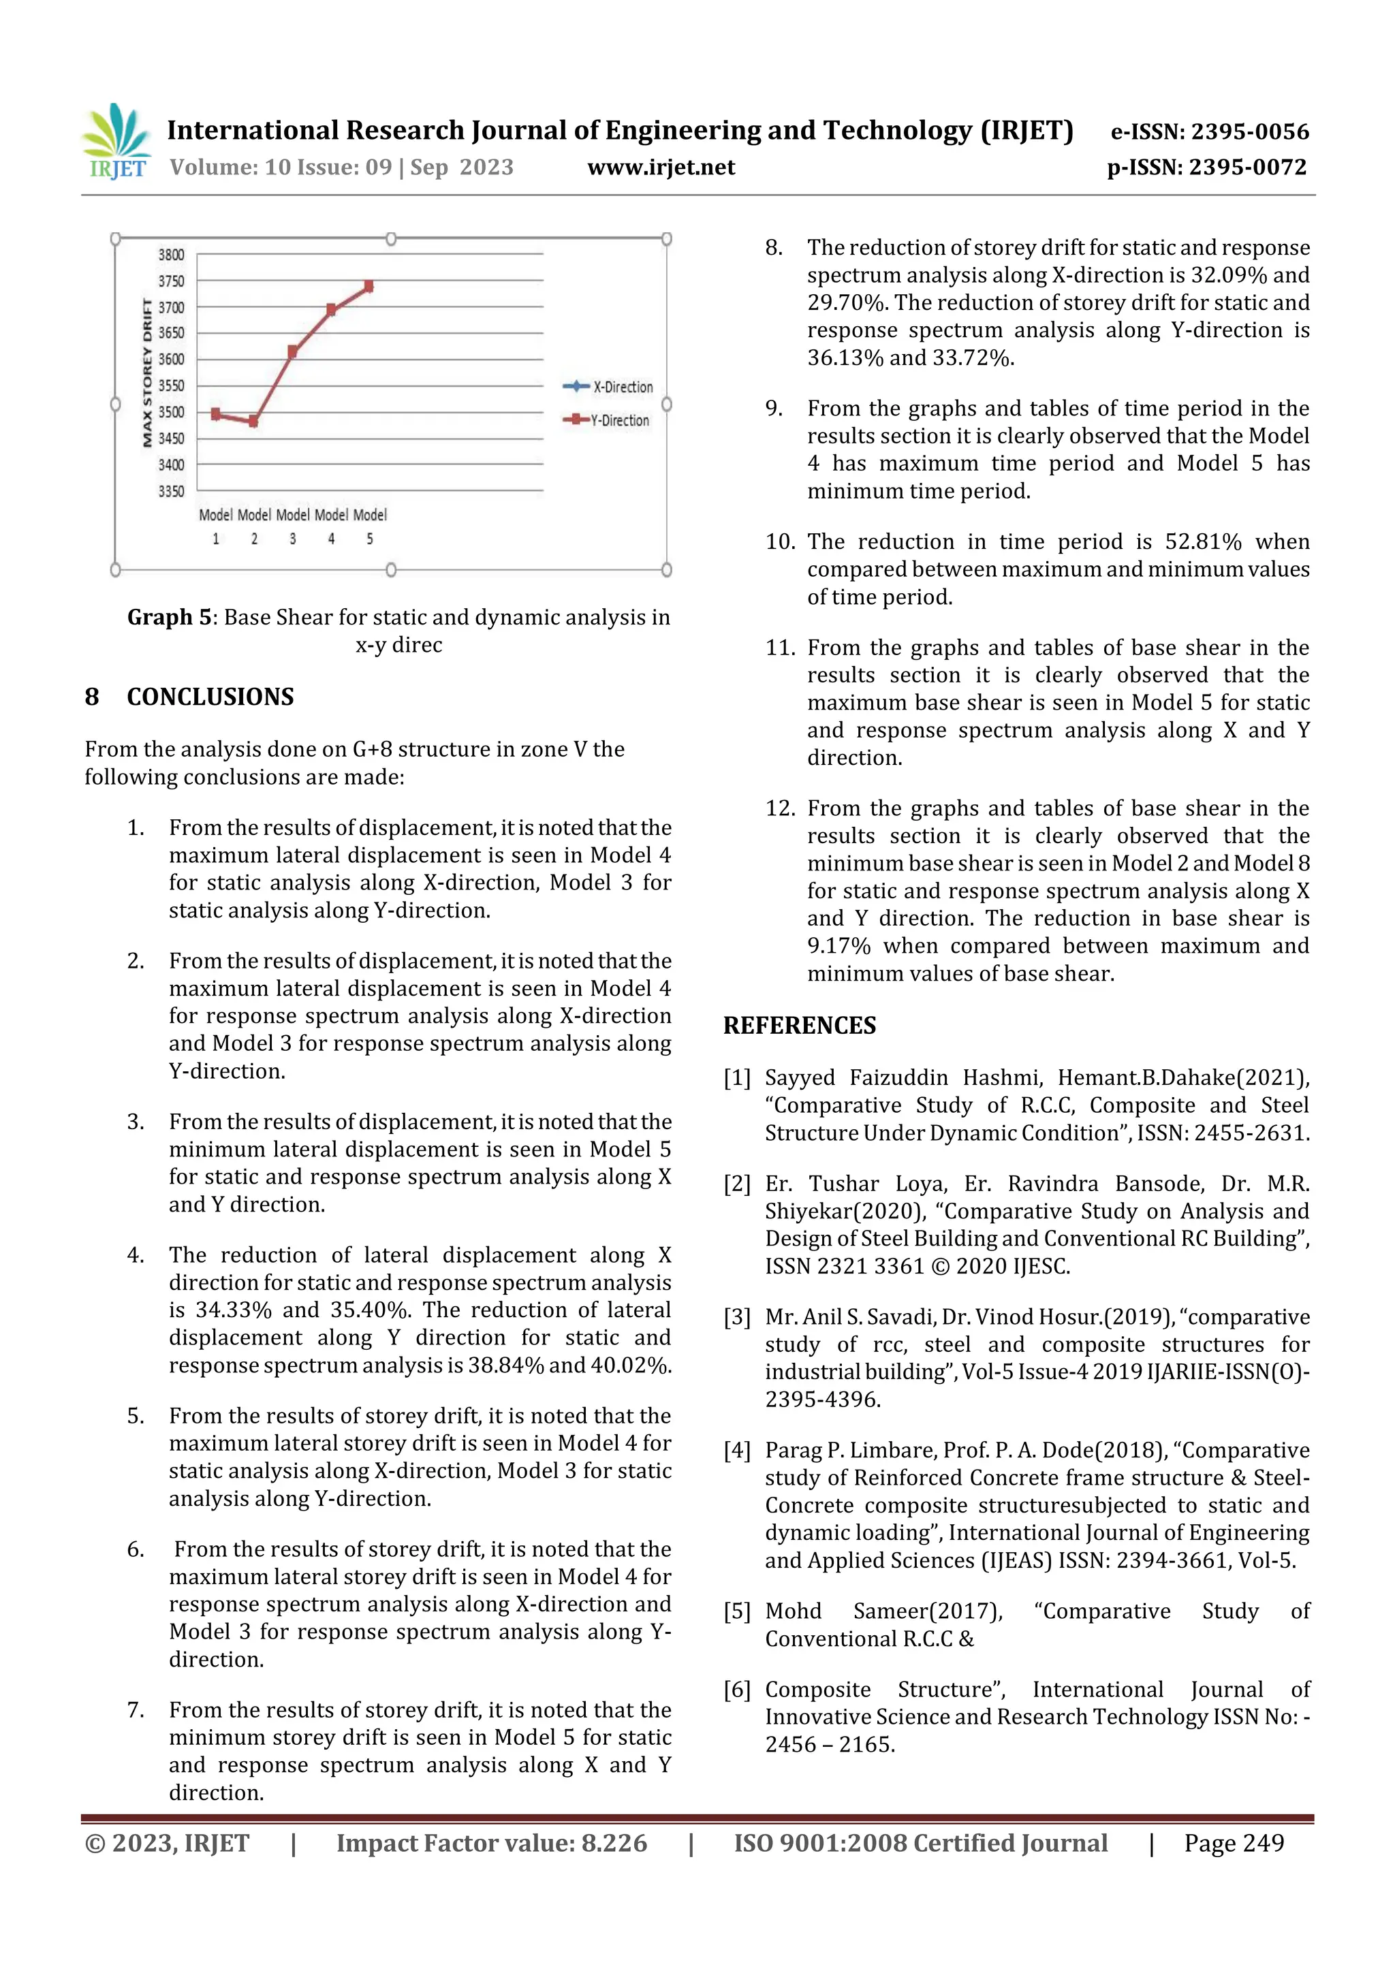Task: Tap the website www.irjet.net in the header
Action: click(x=661, y=167)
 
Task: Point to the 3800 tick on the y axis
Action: click(x=171, y=254)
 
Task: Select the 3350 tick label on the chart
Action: click(x=171, y=492)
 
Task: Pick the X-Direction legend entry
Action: click(x=608, y=387)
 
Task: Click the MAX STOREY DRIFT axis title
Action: click(x=147, y=373)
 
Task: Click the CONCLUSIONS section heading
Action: click(x=210, y=696)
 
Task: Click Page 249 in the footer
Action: click(x=1234, y=1842)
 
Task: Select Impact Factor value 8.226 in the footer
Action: click(x=491, y=1842)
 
